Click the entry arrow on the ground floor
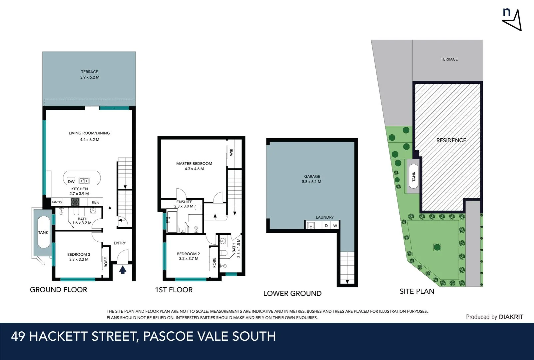point(123,270)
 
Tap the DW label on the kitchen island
point(71,182)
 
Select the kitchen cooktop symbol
point(75,202)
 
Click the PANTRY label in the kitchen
point(57,202)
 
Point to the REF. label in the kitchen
point(95,202)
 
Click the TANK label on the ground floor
point(43,232)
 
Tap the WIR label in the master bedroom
point(231,152)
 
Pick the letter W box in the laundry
point(335,226)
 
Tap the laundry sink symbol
point(311,226)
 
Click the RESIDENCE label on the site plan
point(451,140)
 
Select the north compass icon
point(512,20)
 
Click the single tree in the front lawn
point(437,247)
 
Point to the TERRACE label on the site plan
point(449,59)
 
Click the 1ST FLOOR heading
point(174,290)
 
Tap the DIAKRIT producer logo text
point(511,317)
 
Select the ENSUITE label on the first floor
point(184,202)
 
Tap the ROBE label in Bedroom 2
point(214,262)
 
